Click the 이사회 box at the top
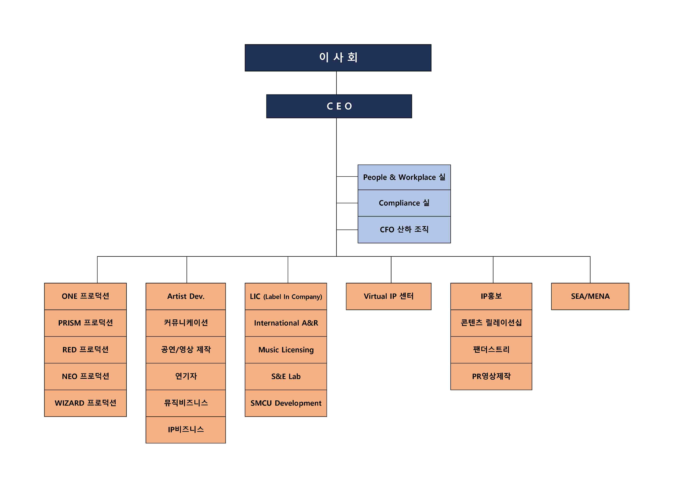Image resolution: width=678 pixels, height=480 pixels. point(338,58)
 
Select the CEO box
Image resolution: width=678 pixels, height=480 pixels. point(339,106)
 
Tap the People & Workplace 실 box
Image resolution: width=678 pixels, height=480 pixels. point(404,177)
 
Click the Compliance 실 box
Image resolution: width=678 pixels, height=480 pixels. point(404,203)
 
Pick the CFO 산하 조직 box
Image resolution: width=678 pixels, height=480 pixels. point(404,230)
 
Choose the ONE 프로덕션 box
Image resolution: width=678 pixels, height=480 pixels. point(85,296)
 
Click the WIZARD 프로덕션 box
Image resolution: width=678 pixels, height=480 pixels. point(85,403)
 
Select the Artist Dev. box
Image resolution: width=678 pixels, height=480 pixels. point(185,296)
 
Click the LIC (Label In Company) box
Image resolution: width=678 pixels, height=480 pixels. point(286,296)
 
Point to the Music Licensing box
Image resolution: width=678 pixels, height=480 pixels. point(286,350)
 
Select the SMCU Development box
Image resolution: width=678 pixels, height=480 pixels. point(286,403)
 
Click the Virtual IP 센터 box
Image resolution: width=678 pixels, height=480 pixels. point(388,296)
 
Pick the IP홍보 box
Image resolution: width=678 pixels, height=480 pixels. point(491,296)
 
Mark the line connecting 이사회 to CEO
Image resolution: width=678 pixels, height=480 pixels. point(336,83)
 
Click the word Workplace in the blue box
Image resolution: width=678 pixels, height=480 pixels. point(417,177)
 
